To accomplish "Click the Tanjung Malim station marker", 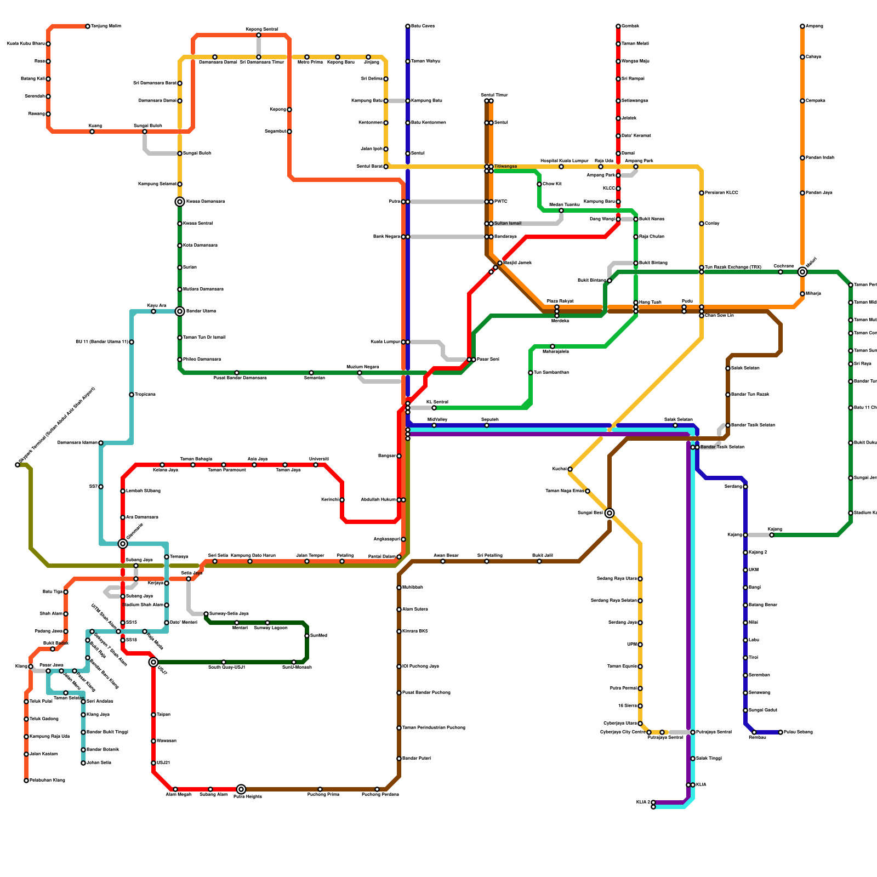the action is [x=88, y=26].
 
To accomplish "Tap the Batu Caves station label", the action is [x=423, y=26].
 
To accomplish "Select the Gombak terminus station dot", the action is [x=618, y=26].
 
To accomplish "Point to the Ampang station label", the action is [x=814, y=26].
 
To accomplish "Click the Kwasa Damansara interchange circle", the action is [x=180, y=202].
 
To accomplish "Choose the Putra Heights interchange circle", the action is [x=241, y=789].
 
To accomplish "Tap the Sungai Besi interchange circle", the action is [x=610, y=513].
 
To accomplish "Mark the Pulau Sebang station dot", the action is [x=781, y=732].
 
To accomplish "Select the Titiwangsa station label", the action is [x=505, y=166].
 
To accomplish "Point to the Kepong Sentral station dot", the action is [x=259, y=35].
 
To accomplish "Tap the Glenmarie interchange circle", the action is [x=123, y=544].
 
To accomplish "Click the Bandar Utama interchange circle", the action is [x=180, y=311].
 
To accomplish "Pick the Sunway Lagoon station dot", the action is [x=267, y=623].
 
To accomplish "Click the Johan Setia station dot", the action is [x=83, y=763].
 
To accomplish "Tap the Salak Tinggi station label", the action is [x=709, y=759].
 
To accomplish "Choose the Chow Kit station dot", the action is [x=539, y=184].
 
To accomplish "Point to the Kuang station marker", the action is [x=92, y=132].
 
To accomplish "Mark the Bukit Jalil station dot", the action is [x=539, y=561].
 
